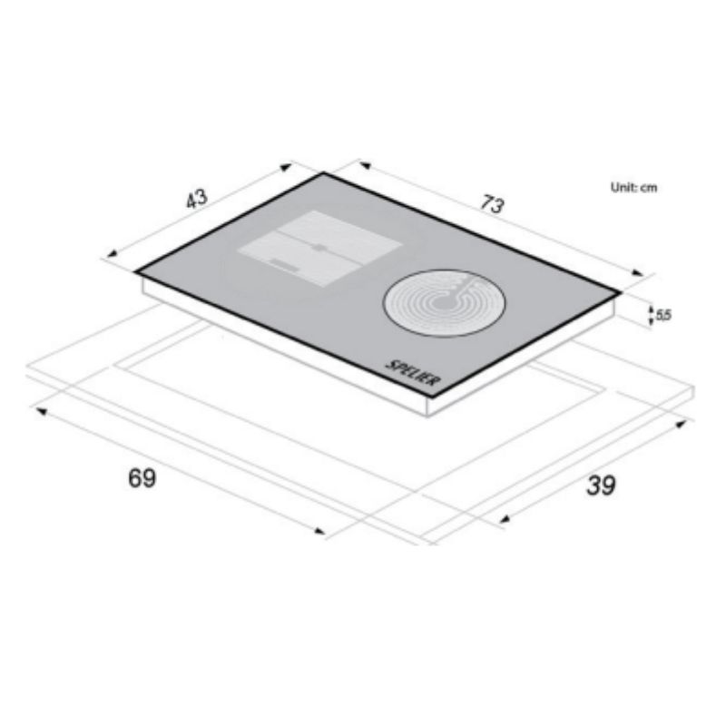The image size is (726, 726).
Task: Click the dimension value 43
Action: [197, 199]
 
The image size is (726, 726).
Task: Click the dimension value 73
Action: [492, 204]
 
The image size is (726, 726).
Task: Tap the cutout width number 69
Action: [142, 478]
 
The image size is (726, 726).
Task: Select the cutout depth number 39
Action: [601, 486]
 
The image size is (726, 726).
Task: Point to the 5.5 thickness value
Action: [663, 315]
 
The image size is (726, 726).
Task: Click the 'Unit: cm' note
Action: [633, 188]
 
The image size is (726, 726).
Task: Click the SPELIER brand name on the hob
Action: [412, 372]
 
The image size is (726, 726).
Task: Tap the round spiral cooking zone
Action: [445, 303]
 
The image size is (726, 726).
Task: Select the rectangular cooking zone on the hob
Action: [319, 248]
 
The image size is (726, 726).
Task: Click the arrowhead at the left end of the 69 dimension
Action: [41, 411]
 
